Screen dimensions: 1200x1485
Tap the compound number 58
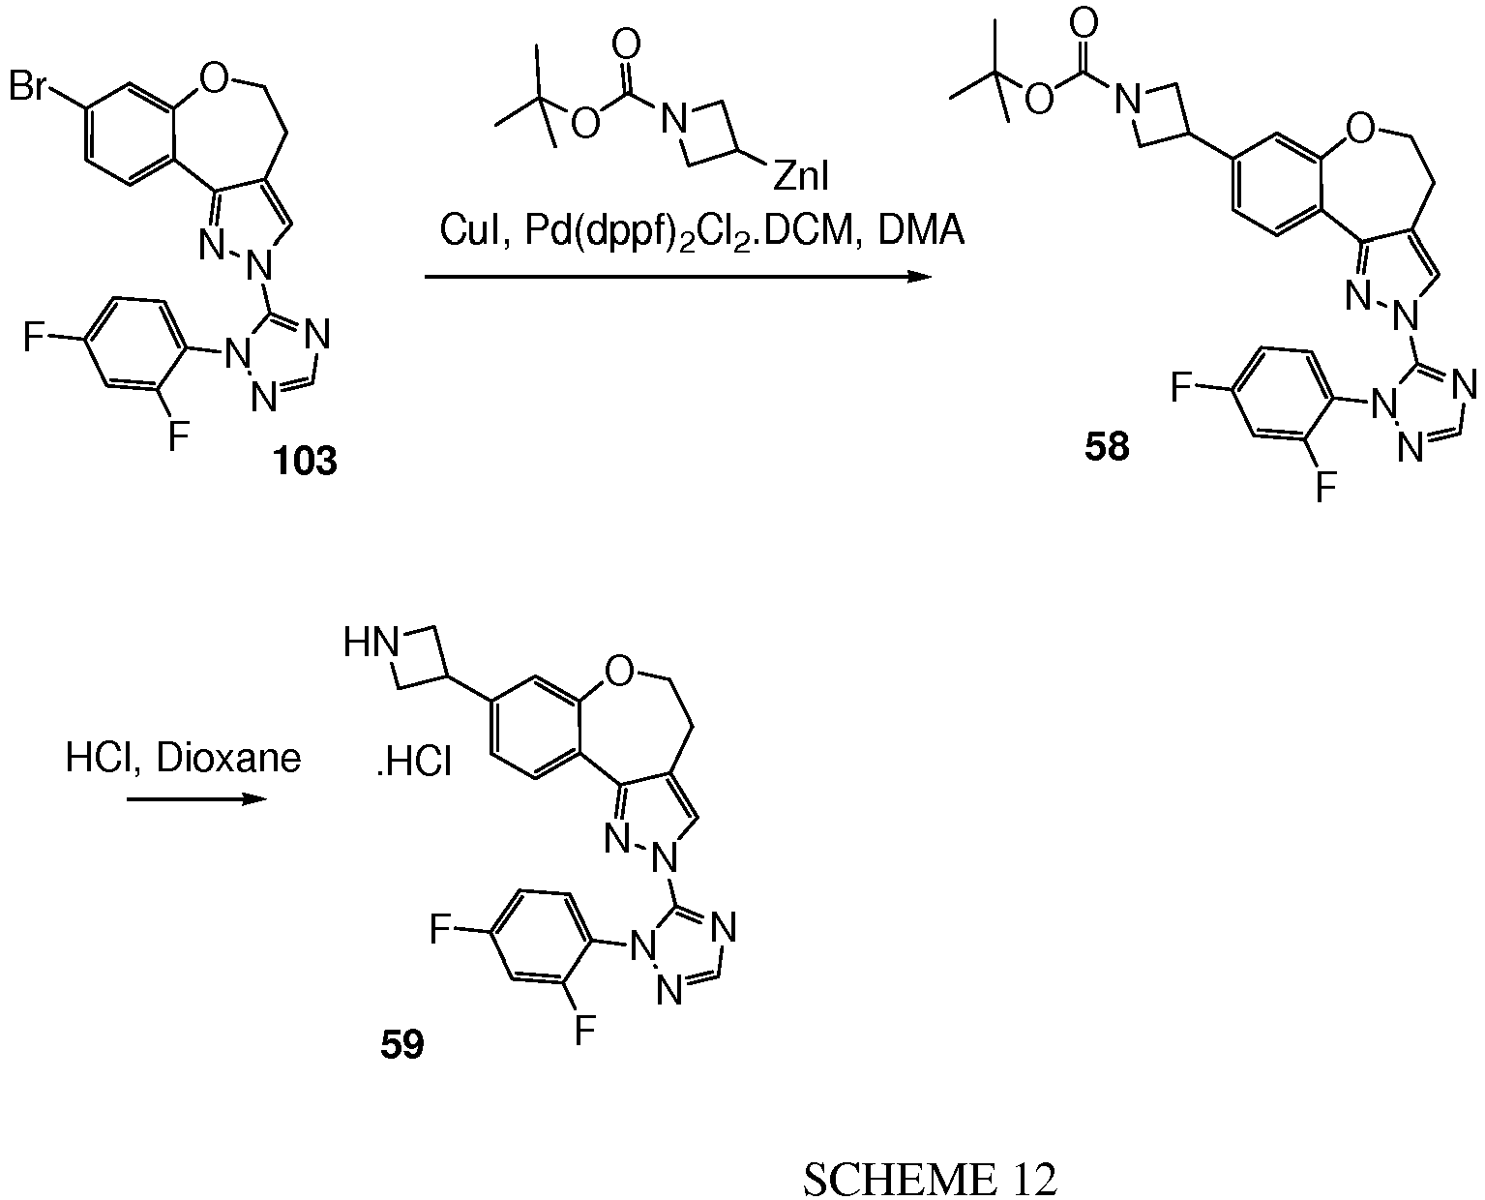(x=1106, y=447)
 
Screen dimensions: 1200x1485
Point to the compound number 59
(x=401, y=1046)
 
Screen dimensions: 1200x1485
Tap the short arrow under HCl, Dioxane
(x=193, y=800)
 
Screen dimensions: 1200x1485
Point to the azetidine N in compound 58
(x=1124, y=97)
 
